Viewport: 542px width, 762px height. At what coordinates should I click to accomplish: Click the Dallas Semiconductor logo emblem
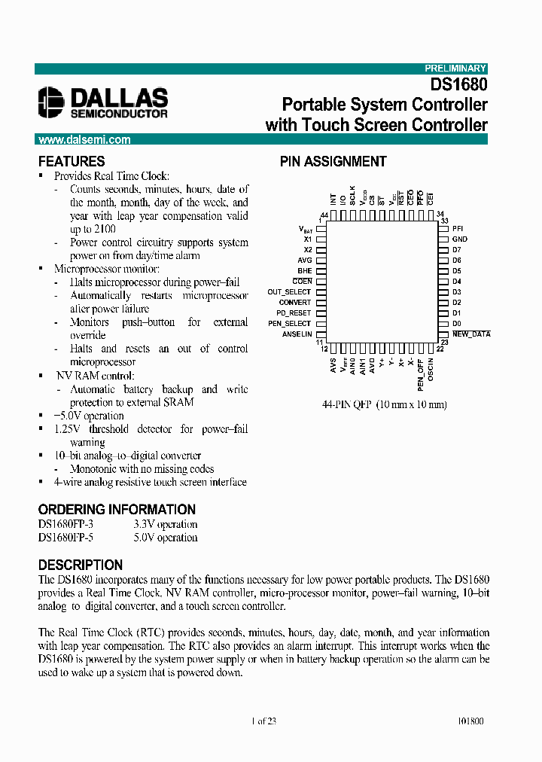click(52, 102)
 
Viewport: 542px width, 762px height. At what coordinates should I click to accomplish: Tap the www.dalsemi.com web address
click(84, 140)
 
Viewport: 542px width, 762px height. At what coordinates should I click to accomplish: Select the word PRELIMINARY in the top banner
click(456, 69)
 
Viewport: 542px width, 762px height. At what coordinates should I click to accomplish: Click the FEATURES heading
click(72, 161)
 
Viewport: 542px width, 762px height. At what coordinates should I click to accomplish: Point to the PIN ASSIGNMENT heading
click(333, 161)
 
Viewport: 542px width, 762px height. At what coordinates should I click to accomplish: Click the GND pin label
click(459, 239)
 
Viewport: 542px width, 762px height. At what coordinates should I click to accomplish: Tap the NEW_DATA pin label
click(470, 334)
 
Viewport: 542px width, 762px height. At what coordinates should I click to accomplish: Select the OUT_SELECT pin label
click(289, 291)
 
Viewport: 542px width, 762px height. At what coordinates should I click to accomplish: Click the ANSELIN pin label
click(297, 334)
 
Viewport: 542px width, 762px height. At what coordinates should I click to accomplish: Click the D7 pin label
click(456, 249)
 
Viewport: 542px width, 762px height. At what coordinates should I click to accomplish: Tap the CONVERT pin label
click(294, 302)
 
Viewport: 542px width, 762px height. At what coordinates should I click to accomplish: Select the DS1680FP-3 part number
click(65, 524)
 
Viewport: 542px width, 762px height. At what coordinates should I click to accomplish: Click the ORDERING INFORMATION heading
click(117, 509)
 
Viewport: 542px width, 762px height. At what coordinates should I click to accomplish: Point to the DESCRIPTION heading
click(81, 565)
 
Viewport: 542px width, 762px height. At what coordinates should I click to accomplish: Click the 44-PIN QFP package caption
click(385, 404)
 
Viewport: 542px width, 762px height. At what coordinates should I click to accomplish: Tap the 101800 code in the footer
click(470, 721)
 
